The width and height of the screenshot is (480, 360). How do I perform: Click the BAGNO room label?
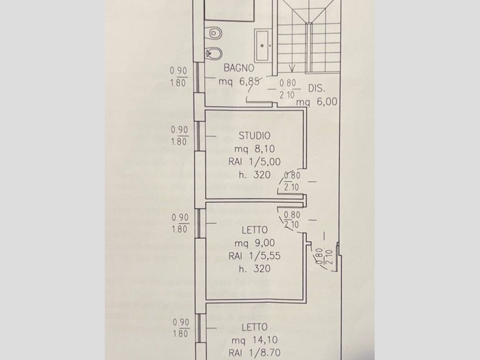tap(239, 68)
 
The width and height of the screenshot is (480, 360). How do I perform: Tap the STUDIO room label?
tap(254, 136)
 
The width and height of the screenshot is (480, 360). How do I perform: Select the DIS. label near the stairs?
tap(316, 89)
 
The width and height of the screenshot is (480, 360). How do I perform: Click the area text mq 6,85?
tap(240, 81)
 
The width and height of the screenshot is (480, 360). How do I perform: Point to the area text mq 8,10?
tap(254, 149)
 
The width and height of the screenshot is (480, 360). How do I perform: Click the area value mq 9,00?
tap(254, 243)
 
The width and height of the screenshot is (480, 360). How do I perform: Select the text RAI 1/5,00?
tap(254, 162)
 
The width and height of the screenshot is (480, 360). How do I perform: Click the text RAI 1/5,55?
tap(254, 256)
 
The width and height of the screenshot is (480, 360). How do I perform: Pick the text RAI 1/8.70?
tap(254, 353)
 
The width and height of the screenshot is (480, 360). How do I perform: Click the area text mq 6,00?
tap(317, 102)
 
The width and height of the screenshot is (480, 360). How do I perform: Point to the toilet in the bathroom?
tap(216, 33)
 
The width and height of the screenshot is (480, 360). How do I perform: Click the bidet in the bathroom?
tap(214, 54)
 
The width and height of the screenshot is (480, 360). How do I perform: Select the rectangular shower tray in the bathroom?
tap(262, 46)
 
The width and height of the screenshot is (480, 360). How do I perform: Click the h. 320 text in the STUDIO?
tap(254, 174)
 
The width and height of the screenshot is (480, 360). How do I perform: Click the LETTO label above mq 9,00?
tap(254, 230)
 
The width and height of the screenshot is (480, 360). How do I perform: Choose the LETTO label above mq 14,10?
tap(254, 327)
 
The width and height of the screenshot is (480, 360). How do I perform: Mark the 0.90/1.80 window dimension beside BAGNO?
tap(178, 77)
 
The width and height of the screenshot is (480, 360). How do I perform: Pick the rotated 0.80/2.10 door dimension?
tap(324, 257)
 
